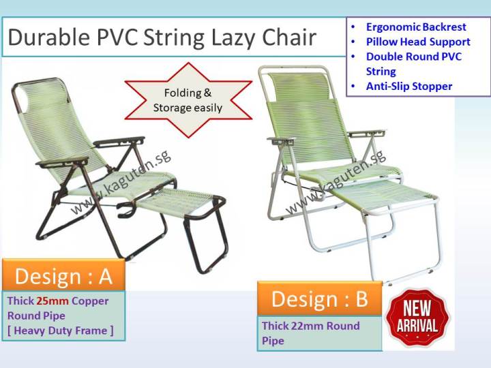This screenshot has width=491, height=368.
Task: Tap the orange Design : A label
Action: pyautogui.click(x=63, y=276)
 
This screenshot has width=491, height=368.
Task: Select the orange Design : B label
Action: pyautogui.click(x=319, y=298)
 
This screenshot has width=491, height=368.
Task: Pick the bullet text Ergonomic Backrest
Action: pyautogui.click(x=416, y=27)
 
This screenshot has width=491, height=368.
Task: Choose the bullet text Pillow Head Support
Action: pyautogui.click(x=418, y=42)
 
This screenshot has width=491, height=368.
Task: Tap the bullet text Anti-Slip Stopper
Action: pyautogui.click(x=409, y=87)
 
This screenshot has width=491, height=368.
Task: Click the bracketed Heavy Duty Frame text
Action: pyautogui.click(x=61, y=331)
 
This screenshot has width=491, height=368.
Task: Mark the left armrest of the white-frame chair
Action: pyautogui.click(x=280, y=142)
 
